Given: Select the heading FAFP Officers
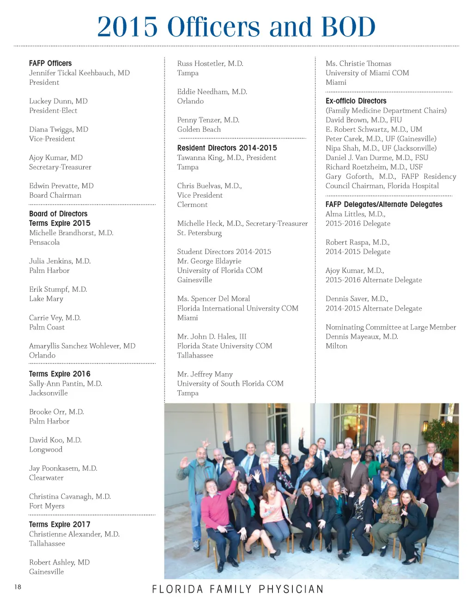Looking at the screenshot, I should pyautogui.click(x=50, y=63).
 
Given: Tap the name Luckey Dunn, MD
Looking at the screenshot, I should pyautogui.click(x=58, y=101).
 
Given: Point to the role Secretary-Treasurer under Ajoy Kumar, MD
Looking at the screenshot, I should pyautogui.click(x=60, y=167).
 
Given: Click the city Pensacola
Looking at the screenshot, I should pyautogui.click(x=44, y=243).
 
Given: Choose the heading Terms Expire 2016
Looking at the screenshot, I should pyautogui.click(x=60, y=374).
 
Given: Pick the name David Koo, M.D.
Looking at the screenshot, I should pyautogui.click(x=55, y=440).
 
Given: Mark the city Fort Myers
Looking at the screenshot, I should pyautogui.click(x=47, y=506).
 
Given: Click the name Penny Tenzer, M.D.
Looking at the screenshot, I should pyautogui.click(x=208, y=120).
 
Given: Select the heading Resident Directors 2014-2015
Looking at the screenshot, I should pyautogui.click(x=227, y=148).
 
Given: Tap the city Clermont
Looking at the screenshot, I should pyautogui.click(x=192, y=205).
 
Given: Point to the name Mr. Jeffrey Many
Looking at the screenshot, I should pyautogui.click(x=205, y=374).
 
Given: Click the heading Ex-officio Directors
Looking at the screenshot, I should pyautogui.click(x=356, y=101).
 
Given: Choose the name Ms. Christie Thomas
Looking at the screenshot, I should pyautogui.click(x=358, y=63).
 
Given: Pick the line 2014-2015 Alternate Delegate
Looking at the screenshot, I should pyautogui.click(x=374, y=309).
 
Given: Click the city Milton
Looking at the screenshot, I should pyautogui.click(x=336, y=346).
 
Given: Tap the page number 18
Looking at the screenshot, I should pyautogui.click(x=18, y=587).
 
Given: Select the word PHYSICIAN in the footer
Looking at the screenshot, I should pyautogui.click(x=291, y=589).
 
